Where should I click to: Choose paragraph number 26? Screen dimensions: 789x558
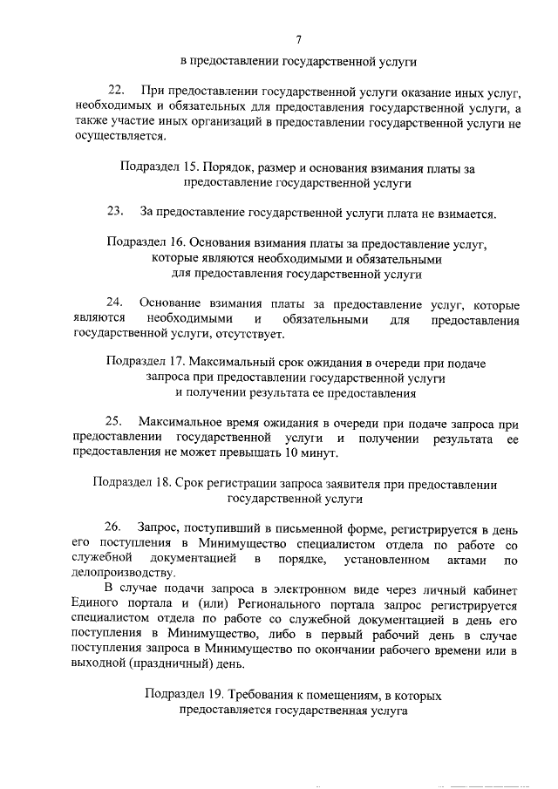pyautogui.click(x=115, y=527)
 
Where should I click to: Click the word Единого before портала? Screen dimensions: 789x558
pyautogui.click(x=98, y=603)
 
